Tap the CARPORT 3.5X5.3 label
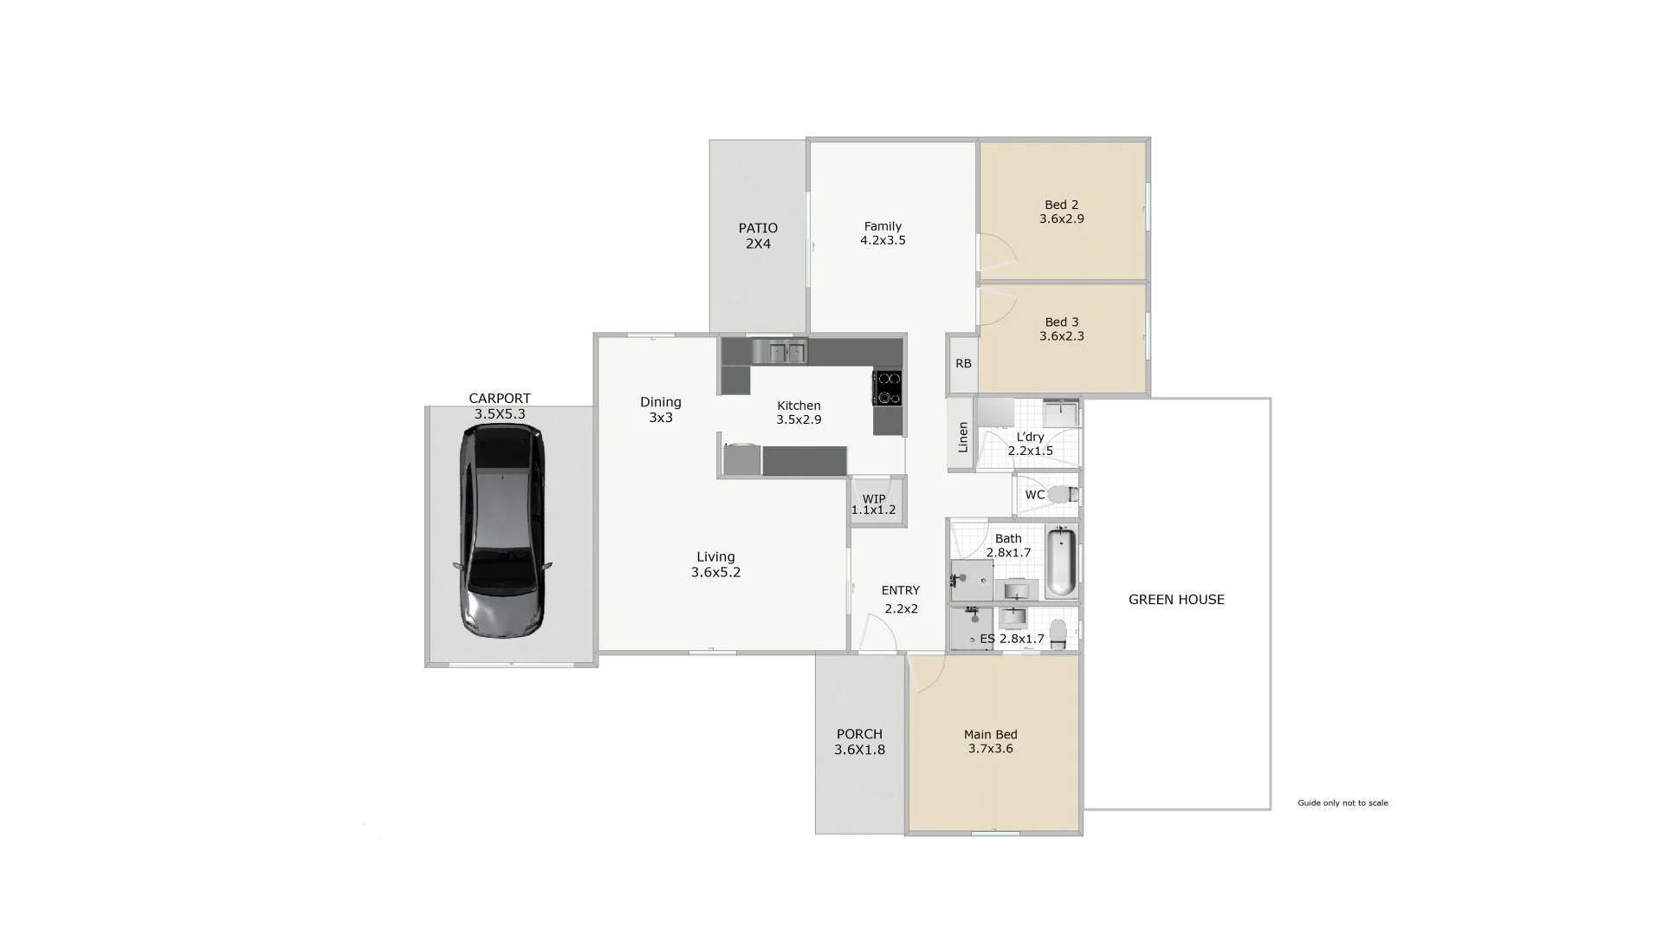point(500,406)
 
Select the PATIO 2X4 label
point(758,236)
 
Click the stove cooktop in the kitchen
point(887,387)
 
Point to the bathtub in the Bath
point(1061,562)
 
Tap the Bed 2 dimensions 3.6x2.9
point(1062,219)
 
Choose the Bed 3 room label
point(1062,322)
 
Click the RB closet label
point(963,364)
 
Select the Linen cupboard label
point(962,437)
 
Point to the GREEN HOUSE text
point(1176,600)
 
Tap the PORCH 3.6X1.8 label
point(859,742)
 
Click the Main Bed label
point(991,735)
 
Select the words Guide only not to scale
point(1343,803)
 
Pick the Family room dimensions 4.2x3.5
point(883,241)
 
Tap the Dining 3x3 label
point(661,410)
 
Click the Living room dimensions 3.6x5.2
point(715,573)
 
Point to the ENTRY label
point(901,591)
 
